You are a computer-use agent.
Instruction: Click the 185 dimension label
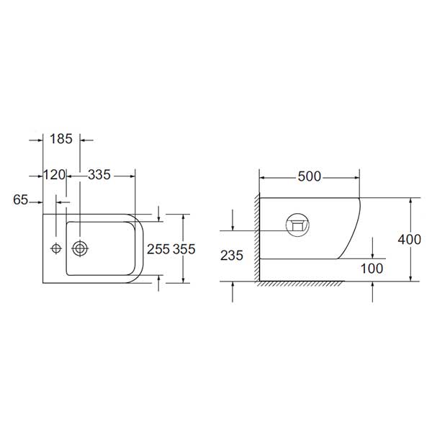(x=61, y=139)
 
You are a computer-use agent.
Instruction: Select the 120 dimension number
(x=55, y=175)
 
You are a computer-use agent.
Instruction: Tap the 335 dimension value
(x=99, y=175)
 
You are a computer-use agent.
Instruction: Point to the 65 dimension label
(x=20, y=199)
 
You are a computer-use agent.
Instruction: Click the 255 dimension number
(x=158, y=249)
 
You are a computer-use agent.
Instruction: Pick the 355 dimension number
(x=184, y=249)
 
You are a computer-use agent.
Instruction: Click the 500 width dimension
(x=310, y=176)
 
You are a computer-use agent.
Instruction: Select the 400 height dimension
(x=410, y=240)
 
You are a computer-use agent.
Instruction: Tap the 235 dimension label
(x=232, y=256)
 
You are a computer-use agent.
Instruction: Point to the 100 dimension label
(x=372, y=269)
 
